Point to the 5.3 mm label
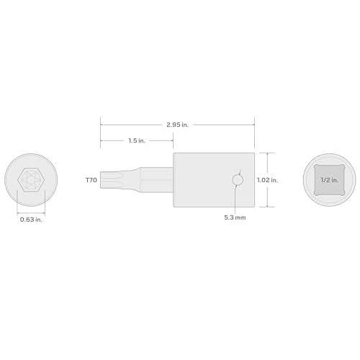(235, 197)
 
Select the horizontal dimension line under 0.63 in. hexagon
(30, 192)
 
